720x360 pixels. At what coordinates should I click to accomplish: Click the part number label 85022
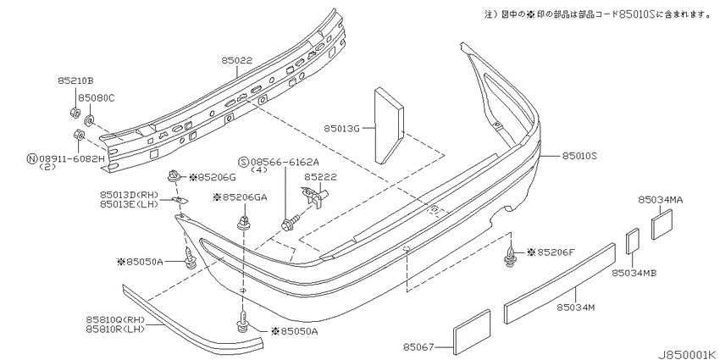point(237,60)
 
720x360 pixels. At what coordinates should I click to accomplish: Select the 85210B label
point(75,80)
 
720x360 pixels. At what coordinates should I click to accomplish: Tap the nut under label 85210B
point(75,112)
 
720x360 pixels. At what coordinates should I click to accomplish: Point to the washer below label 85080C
point(90,122)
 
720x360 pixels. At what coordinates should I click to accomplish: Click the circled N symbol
point(32,159)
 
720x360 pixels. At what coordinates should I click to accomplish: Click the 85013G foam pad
point(389,125)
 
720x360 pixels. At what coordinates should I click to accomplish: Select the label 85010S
point(579,157)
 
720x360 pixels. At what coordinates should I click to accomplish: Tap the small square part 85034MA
point(662,224)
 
